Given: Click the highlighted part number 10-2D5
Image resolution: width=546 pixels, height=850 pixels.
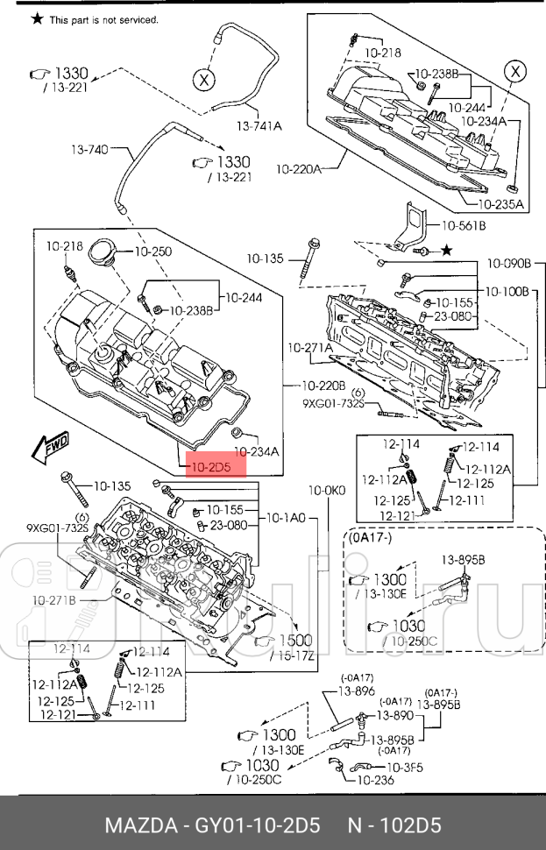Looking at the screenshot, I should pos(210,468).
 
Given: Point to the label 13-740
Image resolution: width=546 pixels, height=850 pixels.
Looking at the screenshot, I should pos(89,150).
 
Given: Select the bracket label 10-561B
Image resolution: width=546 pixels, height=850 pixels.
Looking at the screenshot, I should pos(463,225).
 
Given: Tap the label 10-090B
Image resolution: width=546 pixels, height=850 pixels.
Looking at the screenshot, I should pos(509,262).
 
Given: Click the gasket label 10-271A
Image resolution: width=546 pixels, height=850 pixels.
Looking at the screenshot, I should pos(310,348).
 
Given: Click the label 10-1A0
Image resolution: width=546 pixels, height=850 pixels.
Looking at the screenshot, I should pos(285,518).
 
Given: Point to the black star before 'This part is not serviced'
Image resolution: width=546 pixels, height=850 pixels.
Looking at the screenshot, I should pos(37,18).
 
